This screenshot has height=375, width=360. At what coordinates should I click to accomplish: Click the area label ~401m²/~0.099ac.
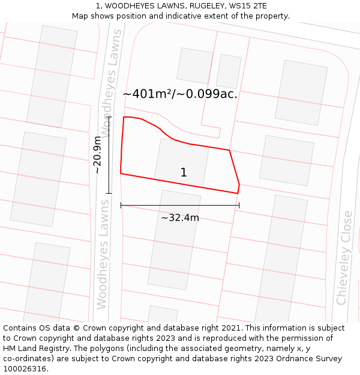(x=180, y=94)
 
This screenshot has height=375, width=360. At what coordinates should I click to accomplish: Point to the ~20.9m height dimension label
(x=98, y=155)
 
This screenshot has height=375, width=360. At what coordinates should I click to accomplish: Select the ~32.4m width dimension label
(x=179, y=218)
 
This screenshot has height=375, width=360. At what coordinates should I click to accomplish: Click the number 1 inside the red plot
(x=184, y=173)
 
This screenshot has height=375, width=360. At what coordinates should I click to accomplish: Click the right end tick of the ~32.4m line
(x=239, y=205)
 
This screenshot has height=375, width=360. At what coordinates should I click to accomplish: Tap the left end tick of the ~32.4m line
(x=121, y=205)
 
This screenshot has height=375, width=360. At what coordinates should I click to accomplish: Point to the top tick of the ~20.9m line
(x=109, y=117)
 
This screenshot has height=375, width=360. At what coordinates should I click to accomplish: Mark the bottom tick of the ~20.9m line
(x=109, y=193)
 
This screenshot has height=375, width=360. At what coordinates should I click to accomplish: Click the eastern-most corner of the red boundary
(x=239, y=184)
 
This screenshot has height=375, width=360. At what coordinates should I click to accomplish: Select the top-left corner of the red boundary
(x=124, y=117)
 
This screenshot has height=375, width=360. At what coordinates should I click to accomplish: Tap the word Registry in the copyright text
(x=59, y=348)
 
